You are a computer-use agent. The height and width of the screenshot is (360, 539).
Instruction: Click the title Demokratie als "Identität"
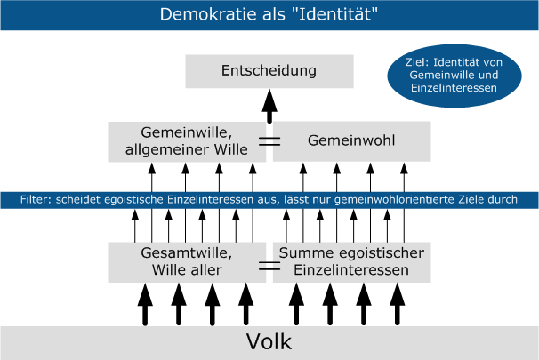(269, 15)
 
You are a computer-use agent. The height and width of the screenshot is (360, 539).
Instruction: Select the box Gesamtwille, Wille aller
(187, 261)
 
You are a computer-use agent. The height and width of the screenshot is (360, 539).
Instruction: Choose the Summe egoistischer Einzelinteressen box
(351, 261)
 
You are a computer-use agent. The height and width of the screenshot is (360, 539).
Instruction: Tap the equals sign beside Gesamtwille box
(269, 265)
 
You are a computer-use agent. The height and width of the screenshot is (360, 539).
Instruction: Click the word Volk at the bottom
(269, 342)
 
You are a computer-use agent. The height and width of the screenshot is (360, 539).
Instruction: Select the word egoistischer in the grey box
(385, 253)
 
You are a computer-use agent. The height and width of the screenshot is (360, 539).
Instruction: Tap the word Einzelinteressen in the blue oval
(454, 89)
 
